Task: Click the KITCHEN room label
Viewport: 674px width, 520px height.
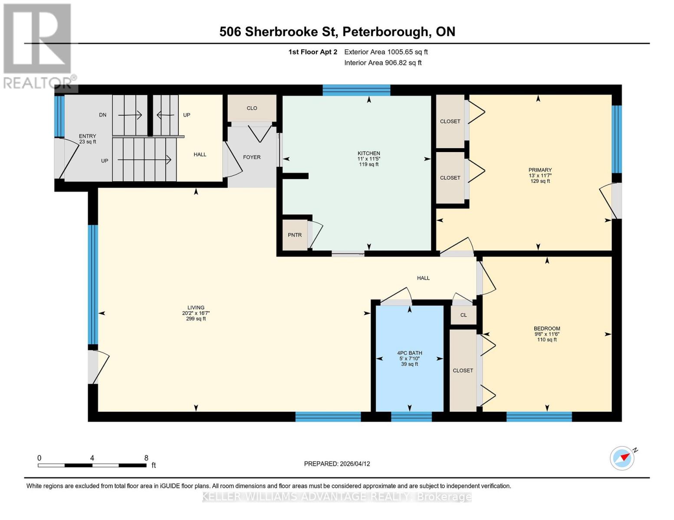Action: [x=368, y=153]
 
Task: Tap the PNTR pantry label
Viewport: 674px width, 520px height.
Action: [x=295, y=235]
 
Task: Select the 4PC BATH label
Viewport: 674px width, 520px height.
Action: [x=409, y=353]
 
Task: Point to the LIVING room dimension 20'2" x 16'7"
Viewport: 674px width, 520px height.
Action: [x=196, y=313]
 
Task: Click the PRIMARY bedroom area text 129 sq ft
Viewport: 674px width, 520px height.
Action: [x=540, y=181]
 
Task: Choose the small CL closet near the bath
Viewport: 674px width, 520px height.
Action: [x=464, y=315]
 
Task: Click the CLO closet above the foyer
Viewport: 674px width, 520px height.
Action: [x=252, y=108]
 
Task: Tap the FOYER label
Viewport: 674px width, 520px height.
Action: [x=252, y=157]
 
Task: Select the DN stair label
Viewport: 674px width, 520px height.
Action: [x=102, y=115]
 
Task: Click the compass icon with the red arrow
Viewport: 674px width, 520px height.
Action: [x=622, y=458]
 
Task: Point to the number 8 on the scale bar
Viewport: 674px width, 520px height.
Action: [x=146, y=458]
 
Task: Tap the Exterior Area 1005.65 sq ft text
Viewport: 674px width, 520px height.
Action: [x=386, y=52]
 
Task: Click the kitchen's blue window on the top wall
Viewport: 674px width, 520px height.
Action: [x=356, y=90]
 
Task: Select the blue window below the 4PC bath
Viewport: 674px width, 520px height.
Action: [x=411, y=417]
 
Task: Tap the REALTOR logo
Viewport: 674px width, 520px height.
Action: [x=38, y=45]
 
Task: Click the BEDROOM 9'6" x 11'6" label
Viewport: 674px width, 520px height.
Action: [x=547, y=331]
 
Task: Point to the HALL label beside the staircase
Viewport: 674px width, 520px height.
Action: [x=200, y=154]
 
